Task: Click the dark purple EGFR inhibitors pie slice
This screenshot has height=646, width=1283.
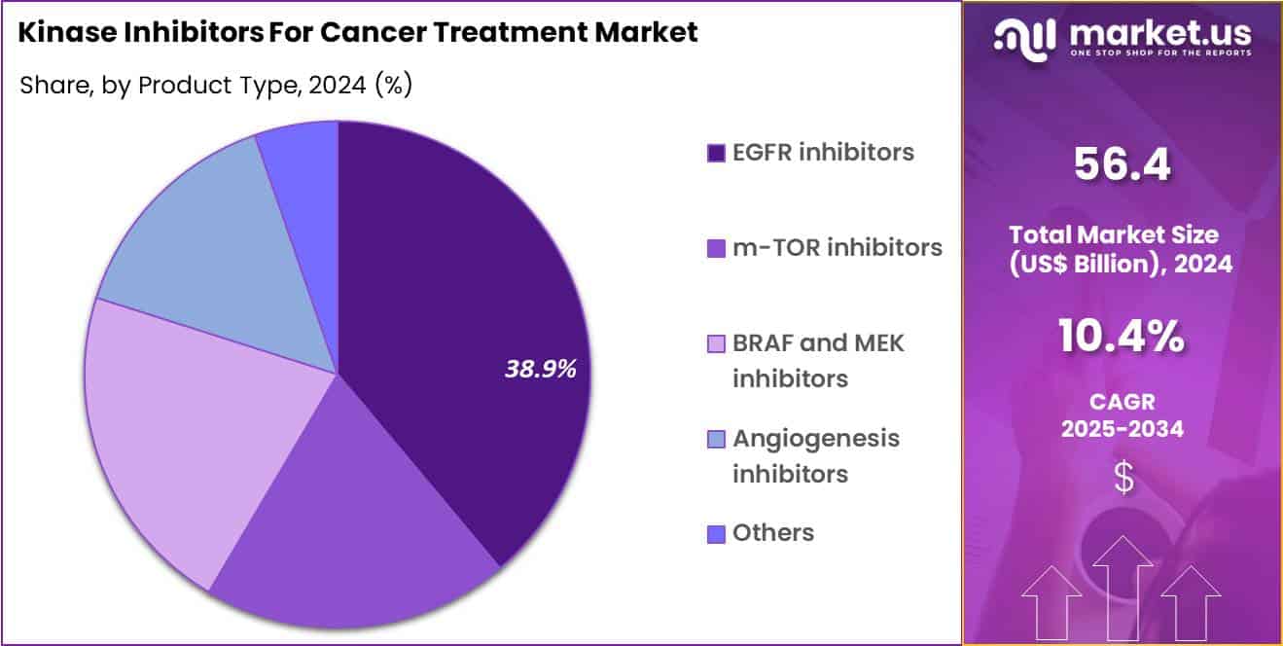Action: (x=457, y=292)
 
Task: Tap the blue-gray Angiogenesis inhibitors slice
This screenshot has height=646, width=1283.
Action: (x=224, y=253)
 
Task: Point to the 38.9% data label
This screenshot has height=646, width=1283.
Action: (x=540, y=369)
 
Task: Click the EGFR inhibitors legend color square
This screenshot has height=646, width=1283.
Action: (x=716, y=153)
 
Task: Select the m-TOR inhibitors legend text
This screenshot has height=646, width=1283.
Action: (x=837, y=248)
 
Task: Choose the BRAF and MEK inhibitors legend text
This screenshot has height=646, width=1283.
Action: (x=817, y=360)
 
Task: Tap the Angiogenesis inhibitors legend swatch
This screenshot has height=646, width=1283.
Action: (x=716, y=440)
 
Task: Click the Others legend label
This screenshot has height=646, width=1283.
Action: (x=772, y=533)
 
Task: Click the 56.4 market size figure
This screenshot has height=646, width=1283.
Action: (x=1123, y=165)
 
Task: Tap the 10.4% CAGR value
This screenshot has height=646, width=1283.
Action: (x=1123, y=338)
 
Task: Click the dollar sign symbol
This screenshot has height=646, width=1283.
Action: (x=1123, y=478)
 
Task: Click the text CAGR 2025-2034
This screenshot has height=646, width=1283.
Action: (x=1123, y=413)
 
